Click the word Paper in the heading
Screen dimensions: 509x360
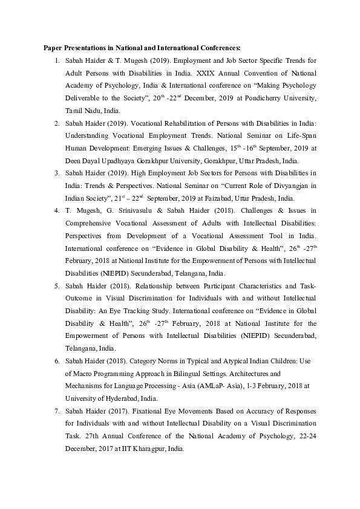tap(53, 47)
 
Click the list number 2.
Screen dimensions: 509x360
tap(56, 123)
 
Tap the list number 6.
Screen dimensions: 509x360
tap(56, 361)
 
